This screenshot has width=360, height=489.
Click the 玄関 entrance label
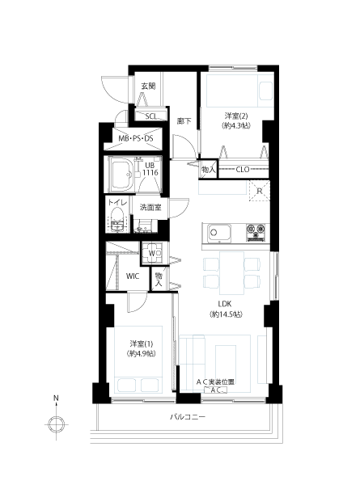[148, 86]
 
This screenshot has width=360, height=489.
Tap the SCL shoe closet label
[151, 116]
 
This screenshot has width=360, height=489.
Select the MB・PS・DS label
[136, 138]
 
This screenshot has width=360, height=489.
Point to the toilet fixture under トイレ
[118, 220]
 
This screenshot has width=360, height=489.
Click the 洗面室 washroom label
[150, 208]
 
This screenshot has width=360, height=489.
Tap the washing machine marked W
[152, 253]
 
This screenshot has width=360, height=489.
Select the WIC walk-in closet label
[133, 276]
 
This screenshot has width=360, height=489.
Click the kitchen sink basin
[216, 233]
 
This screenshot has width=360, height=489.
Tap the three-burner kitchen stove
[256, 232]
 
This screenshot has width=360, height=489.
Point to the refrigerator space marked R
[259, 191]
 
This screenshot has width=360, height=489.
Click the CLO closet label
[243, 170]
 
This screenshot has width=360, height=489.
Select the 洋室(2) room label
[236, 116]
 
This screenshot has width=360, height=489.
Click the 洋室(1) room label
[142, 344]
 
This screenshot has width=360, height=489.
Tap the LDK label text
[224, 304]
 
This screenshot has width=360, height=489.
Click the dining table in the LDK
[231, 273]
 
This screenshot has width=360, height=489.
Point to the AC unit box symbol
[215, 390]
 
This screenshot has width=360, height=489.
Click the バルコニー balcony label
[188, 416]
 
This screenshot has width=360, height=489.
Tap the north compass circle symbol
[56, 424]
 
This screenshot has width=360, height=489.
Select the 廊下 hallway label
[184, 121]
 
